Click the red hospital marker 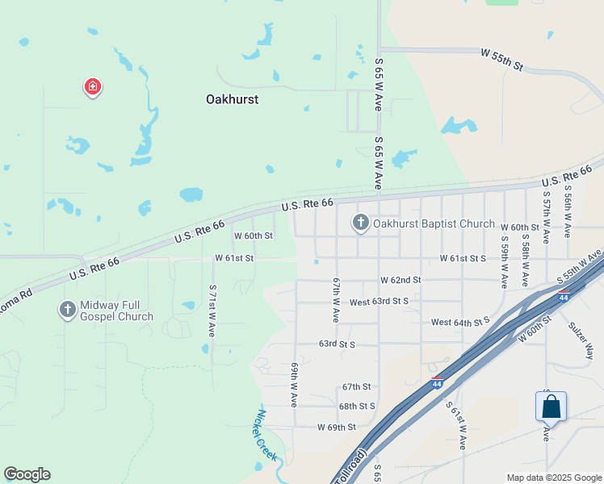93,86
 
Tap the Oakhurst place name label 232,99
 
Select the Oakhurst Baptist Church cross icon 360,223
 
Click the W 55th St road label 502,59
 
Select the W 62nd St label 401,280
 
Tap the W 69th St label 336,427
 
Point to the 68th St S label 358,407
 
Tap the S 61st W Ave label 457,423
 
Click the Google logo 27,474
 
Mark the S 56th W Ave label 568,213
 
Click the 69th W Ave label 294,384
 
